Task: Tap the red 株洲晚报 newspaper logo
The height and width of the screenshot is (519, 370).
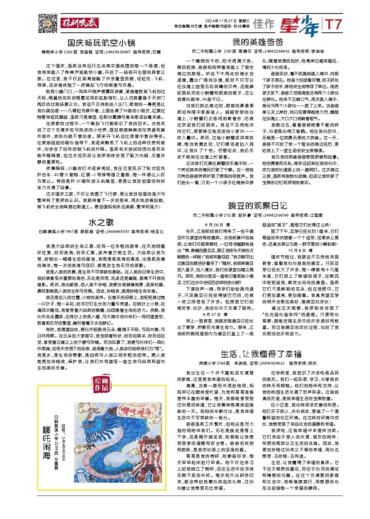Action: [x=79, y=23]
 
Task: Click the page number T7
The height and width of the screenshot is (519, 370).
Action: [x=333, y=24]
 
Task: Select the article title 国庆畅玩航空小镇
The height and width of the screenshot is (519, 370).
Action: [x=101, y=43]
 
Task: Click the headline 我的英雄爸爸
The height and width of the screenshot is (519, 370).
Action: [x=257, y=42]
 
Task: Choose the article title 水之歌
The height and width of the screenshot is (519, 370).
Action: [x=101, y=223]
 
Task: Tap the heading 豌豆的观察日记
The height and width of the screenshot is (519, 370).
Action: [x=257, y=206]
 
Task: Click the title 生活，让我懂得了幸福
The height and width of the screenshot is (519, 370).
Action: [x=261, y=354]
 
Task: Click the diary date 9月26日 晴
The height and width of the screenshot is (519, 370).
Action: [x=218, y=225]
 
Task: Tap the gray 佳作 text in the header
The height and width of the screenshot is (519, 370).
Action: [x=264, y=24]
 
